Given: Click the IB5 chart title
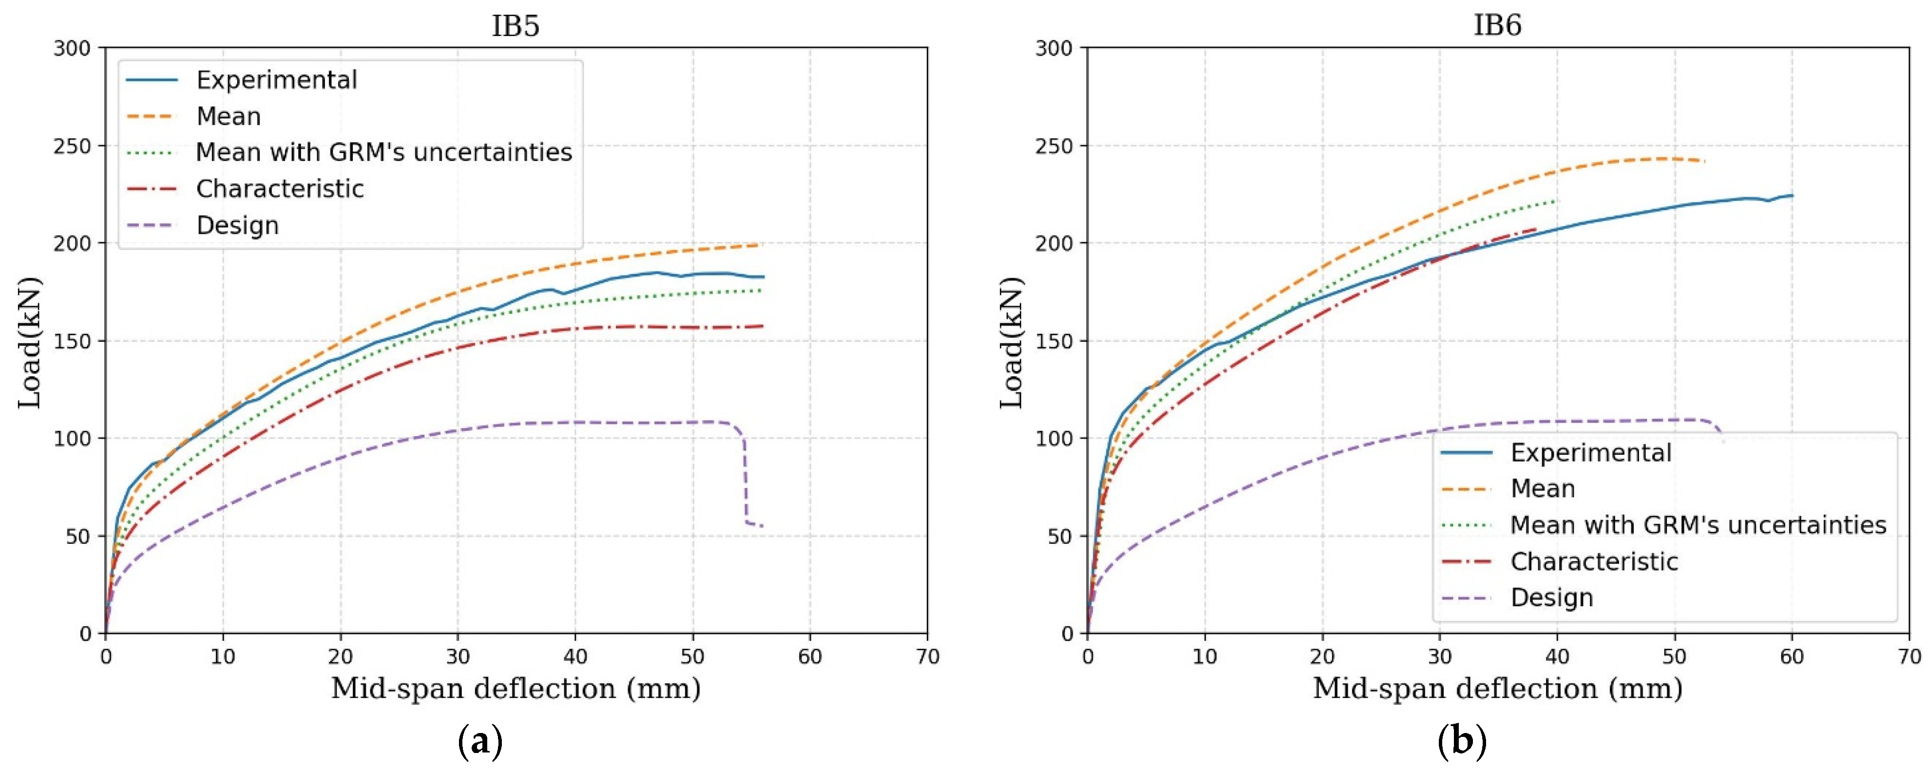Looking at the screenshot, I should coord(515,25).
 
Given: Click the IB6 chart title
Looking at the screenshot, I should coord(1498,25).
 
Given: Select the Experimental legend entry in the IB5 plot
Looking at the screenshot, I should coord(276,80).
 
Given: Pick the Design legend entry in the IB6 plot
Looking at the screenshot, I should coord(1551,598).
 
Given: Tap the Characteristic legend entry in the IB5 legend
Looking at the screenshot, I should coord(280,189).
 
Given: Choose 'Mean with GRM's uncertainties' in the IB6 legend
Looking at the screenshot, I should coord(1698,525).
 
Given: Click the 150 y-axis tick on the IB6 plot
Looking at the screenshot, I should coord(1054,341).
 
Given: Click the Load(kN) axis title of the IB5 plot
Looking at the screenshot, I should coord(30,342).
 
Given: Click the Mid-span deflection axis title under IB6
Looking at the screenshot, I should coord(1498,689).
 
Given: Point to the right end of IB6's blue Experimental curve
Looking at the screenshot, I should coord(1792,195).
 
